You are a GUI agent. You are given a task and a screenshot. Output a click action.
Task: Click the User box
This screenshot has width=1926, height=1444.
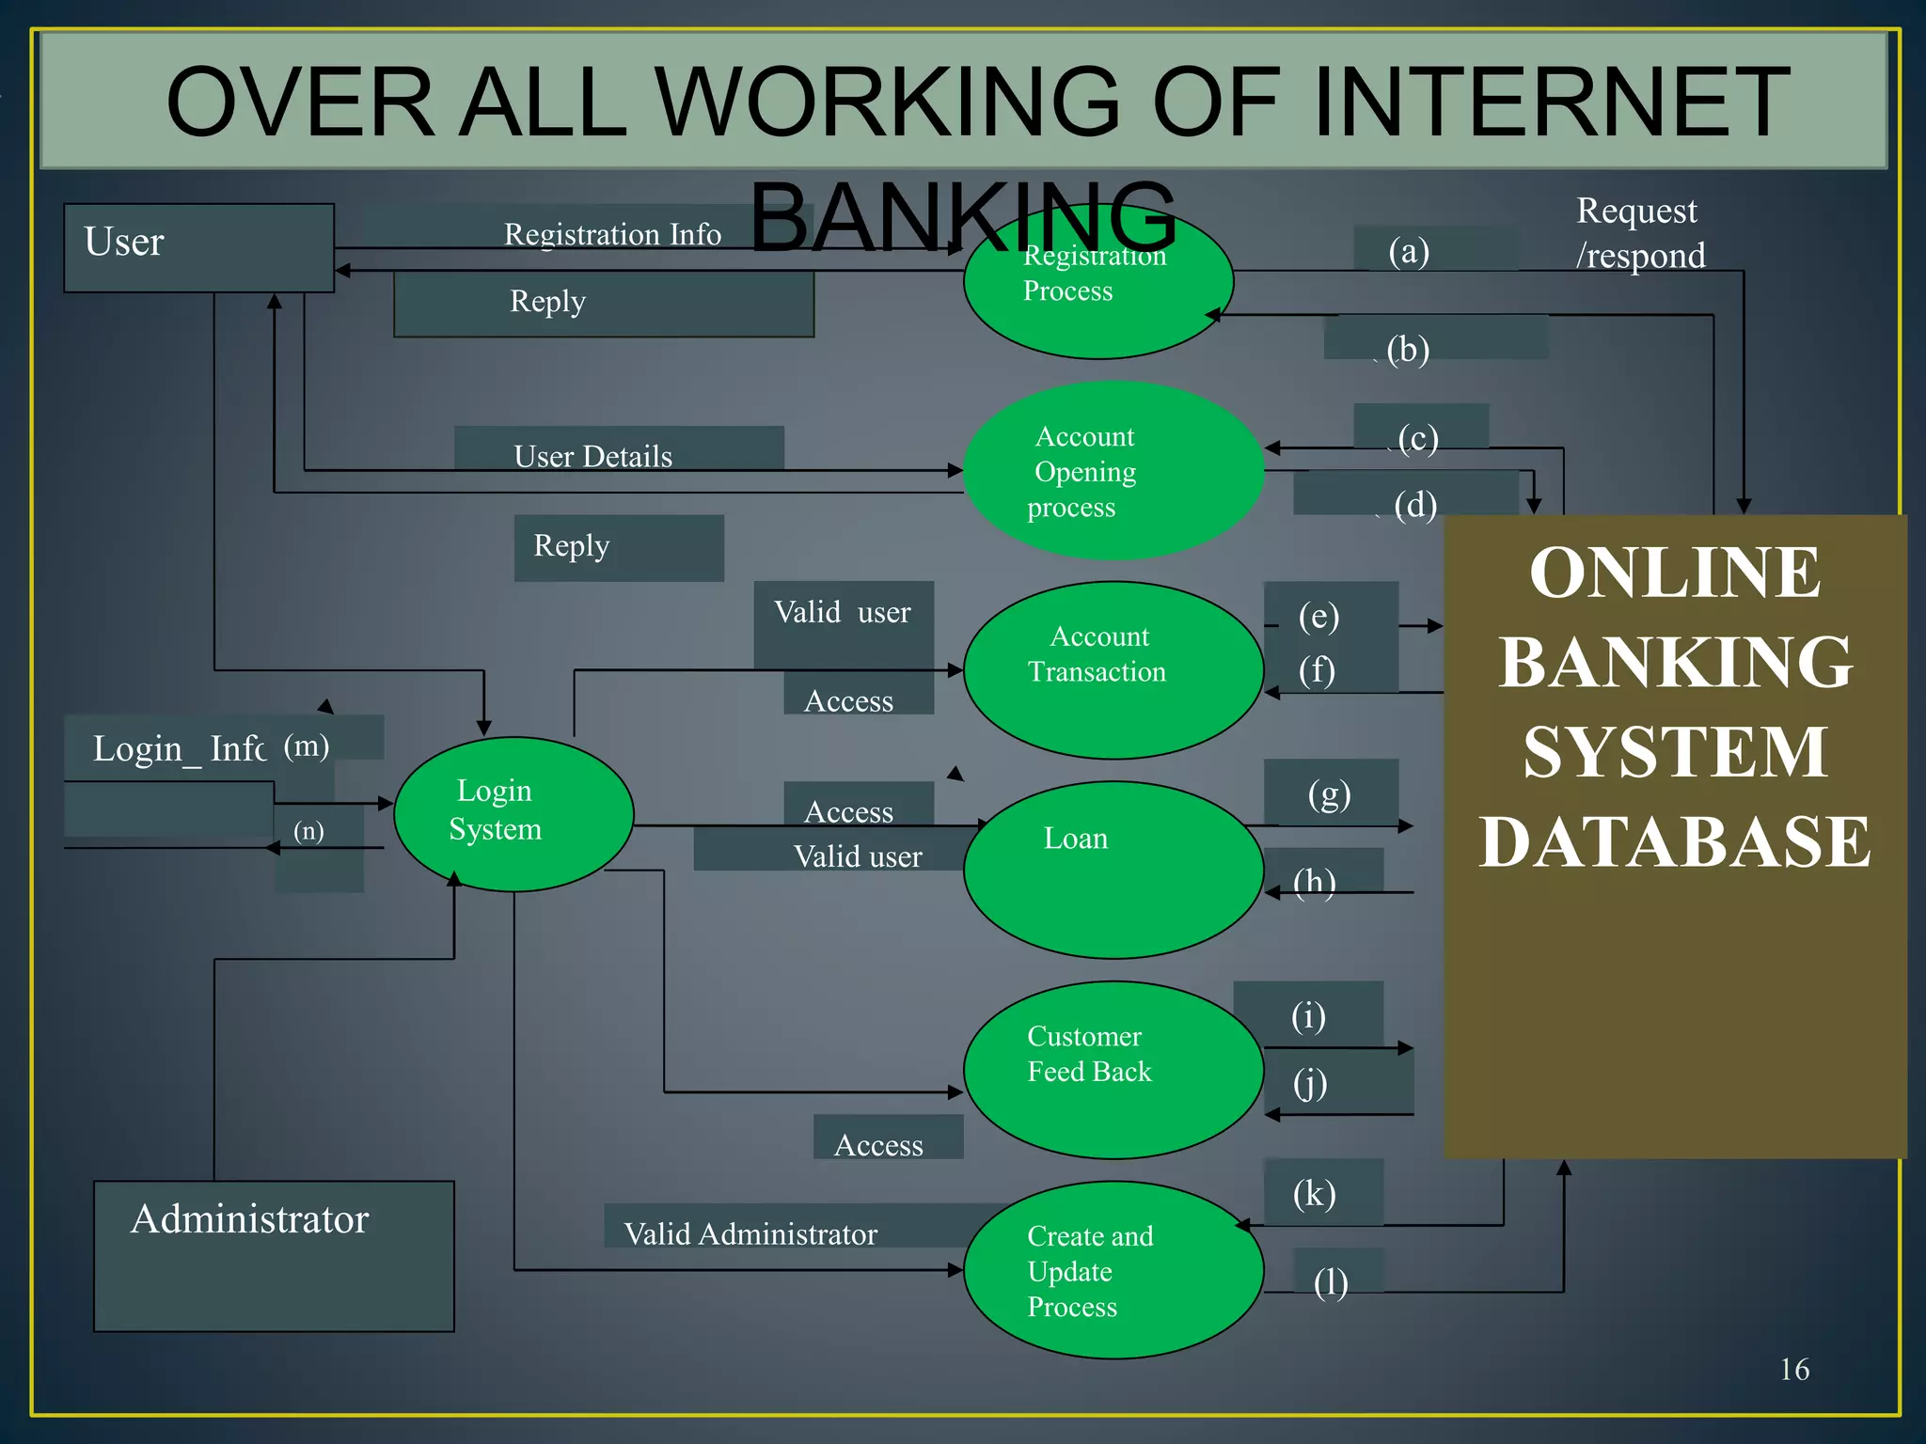click(198, 247)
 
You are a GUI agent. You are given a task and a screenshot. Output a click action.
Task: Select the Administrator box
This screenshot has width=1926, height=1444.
click(274, 1255)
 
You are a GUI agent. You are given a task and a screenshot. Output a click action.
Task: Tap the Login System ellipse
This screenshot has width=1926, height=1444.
click(513, 813)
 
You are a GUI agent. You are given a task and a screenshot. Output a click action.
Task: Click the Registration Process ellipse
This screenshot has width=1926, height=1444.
click(1097, 282)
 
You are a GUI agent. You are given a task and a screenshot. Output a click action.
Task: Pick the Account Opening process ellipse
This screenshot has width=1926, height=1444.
click(1113, 470)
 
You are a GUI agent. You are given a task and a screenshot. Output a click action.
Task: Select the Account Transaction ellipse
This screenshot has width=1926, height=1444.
click(1113, 669)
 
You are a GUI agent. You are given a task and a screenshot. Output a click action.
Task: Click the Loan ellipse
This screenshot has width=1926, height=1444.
click(1113, 870)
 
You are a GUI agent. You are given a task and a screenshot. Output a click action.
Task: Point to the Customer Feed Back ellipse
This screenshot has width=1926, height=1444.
click(1113, 1069)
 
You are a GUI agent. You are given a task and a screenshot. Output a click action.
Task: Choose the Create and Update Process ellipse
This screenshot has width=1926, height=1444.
click(1113, 1269)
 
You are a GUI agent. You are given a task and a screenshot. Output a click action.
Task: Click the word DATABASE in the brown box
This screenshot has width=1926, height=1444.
click(1674, 841)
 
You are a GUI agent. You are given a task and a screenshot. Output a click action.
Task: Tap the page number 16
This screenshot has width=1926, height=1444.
click(1793, 1369)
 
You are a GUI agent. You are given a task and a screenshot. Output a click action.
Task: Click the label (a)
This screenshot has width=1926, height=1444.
click(1409, 251)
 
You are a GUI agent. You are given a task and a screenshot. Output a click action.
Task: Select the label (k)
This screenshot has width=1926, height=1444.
click(1314, 1193)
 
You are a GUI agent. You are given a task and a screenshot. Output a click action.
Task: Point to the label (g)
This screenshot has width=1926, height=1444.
click(1329, 794)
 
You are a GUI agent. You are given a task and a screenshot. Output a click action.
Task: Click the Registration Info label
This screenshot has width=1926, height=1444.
click(612, 233)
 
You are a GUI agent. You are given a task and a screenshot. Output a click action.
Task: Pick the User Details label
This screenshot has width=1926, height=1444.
click(592, 456)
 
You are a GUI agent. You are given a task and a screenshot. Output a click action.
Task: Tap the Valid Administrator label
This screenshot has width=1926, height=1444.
click(750, 1233)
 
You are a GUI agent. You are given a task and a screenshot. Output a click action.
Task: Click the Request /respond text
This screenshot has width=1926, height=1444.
click(1640, 232)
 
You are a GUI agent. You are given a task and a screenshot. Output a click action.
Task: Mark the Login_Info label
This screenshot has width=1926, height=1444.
click(179, 748)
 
